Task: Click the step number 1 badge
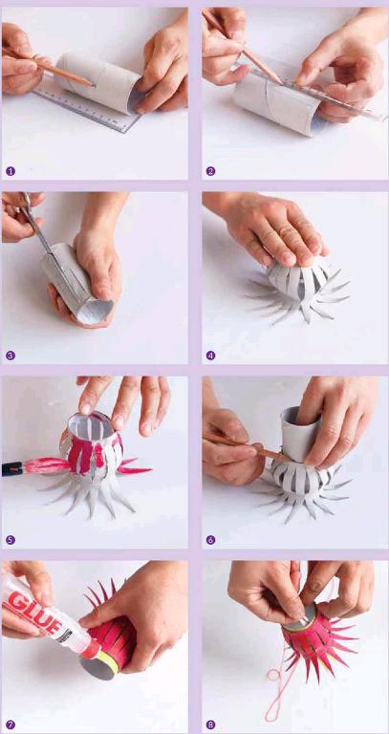click(x=11, y=171)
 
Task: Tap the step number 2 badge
click(x=210, y=171)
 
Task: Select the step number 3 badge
click(x=11, y=356)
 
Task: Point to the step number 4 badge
click(x=210, y=356)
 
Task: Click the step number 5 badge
click(x=11, y=540)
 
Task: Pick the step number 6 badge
click(x=210, y=540)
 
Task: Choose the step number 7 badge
click(x=11, y=724)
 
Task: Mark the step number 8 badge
click(x=210, y=724)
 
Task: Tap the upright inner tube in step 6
click(x=299, y=433)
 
